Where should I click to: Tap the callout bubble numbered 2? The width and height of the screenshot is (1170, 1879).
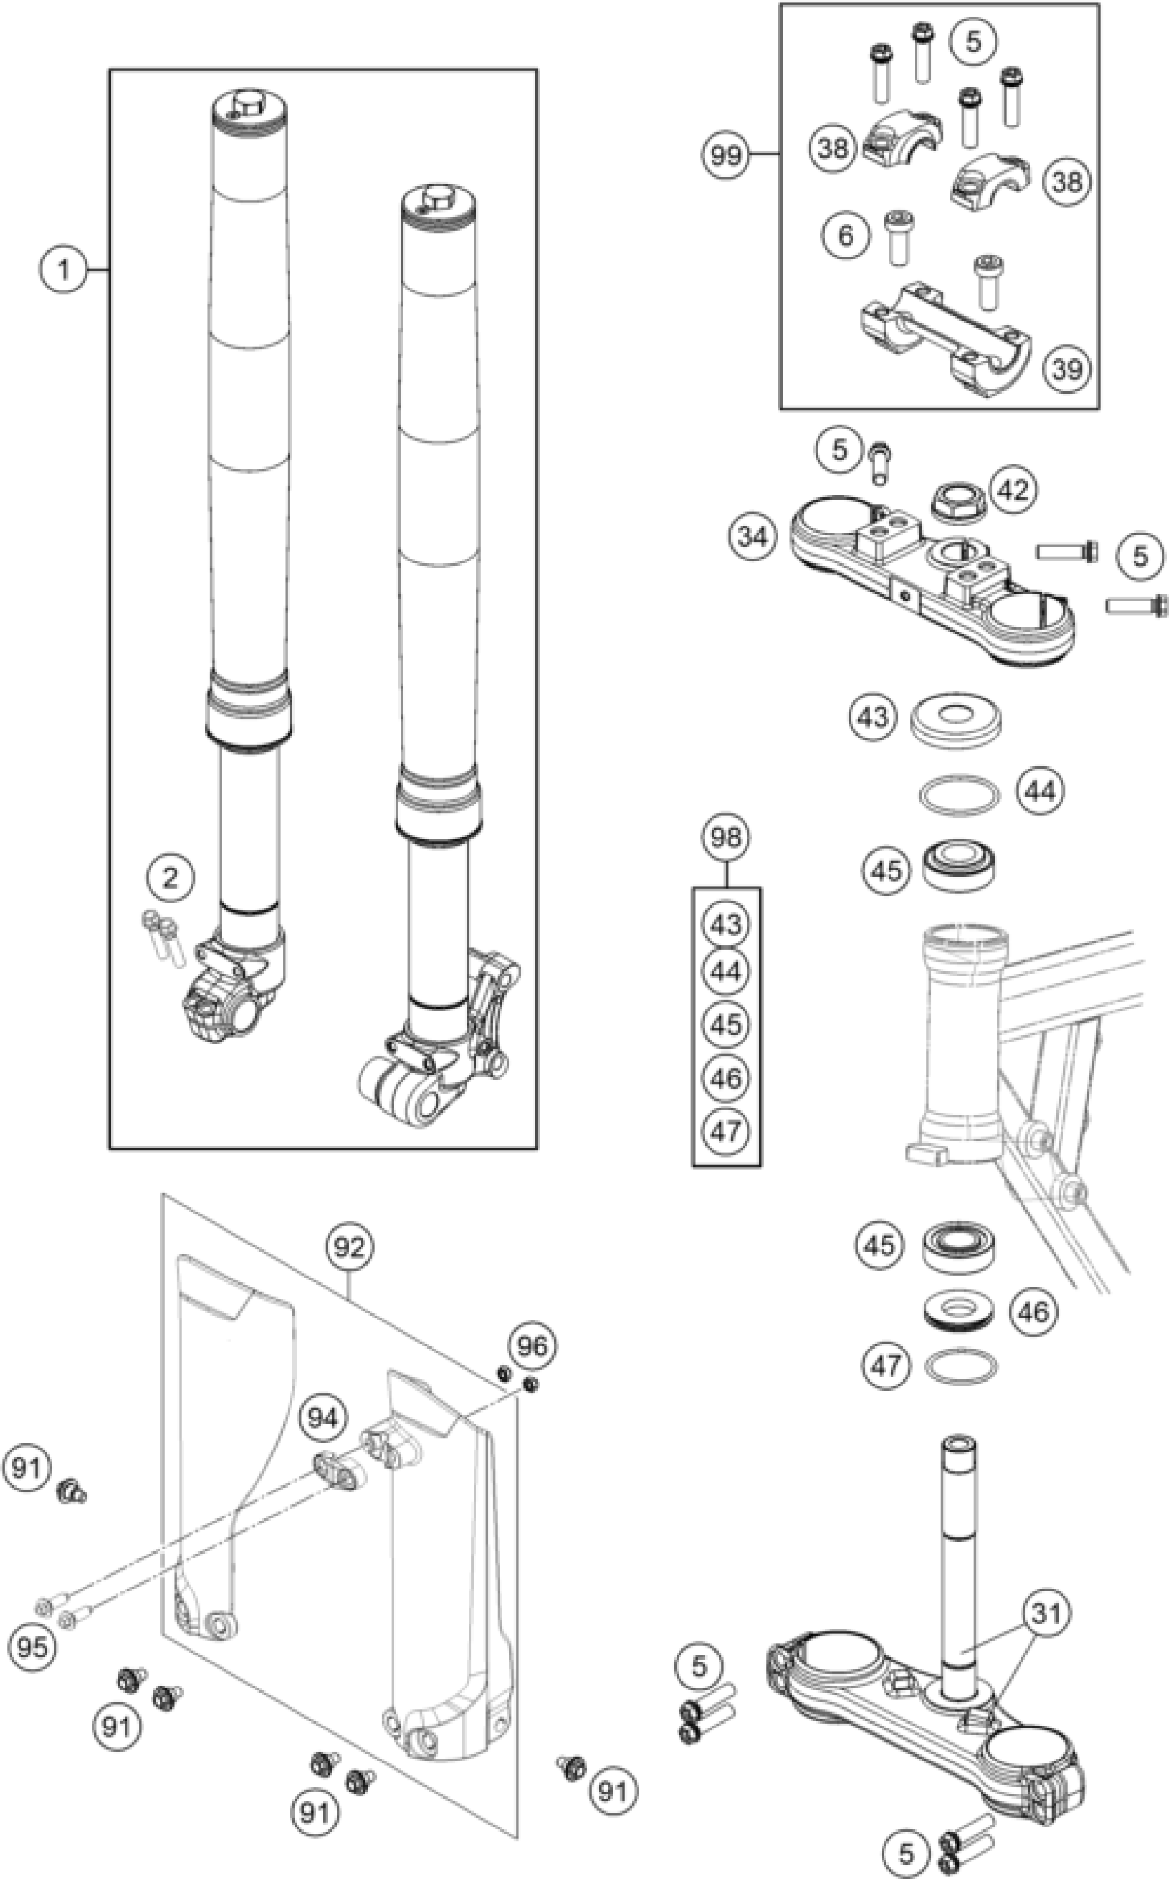click(x=169, y=877)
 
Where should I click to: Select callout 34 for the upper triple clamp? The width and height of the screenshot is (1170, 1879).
click(x=752, y=536)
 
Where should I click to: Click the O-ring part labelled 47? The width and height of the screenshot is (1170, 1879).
click(x=961, y=1366)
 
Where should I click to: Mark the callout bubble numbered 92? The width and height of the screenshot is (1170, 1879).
click(x=349, y=1246)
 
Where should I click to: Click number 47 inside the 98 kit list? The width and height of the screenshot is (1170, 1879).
click(x=725, y=1132)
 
